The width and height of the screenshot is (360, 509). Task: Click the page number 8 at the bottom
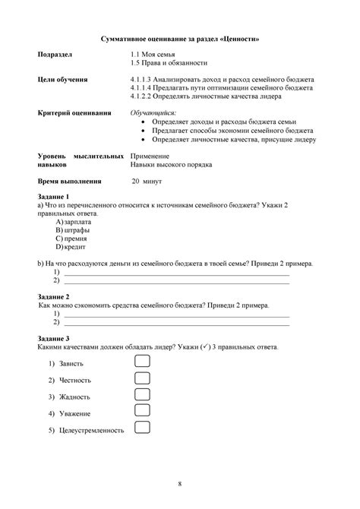pyautogui.click(x=180, y=483)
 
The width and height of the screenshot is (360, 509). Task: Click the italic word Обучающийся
pyautogui.click(x=153, y=112)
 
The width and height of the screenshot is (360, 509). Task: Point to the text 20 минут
pyautogui.click(x=147, y=182)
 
